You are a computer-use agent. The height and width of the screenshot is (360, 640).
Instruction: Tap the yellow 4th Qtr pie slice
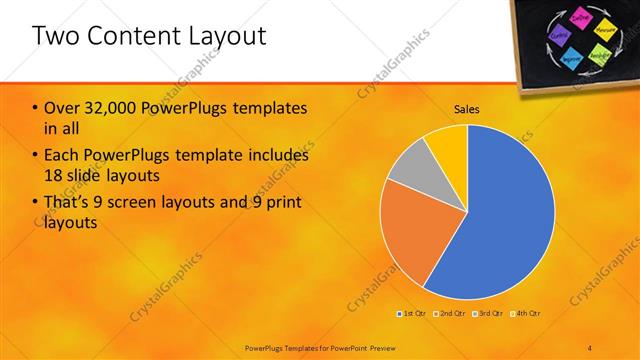(448, 143)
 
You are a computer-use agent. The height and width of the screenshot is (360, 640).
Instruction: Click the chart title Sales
(467, 108)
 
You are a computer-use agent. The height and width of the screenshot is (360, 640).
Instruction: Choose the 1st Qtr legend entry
(411, 314)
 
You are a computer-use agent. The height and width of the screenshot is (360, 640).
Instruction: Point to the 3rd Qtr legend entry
(485, 314)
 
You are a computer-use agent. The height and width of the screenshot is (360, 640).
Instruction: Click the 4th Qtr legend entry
(521, 314)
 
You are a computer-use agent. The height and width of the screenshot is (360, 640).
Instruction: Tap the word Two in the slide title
(57, 37)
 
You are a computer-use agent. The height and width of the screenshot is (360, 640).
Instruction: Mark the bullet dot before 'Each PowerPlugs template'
(36, 156)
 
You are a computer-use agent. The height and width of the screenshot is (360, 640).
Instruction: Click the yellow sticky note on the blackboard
(603, 30)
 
